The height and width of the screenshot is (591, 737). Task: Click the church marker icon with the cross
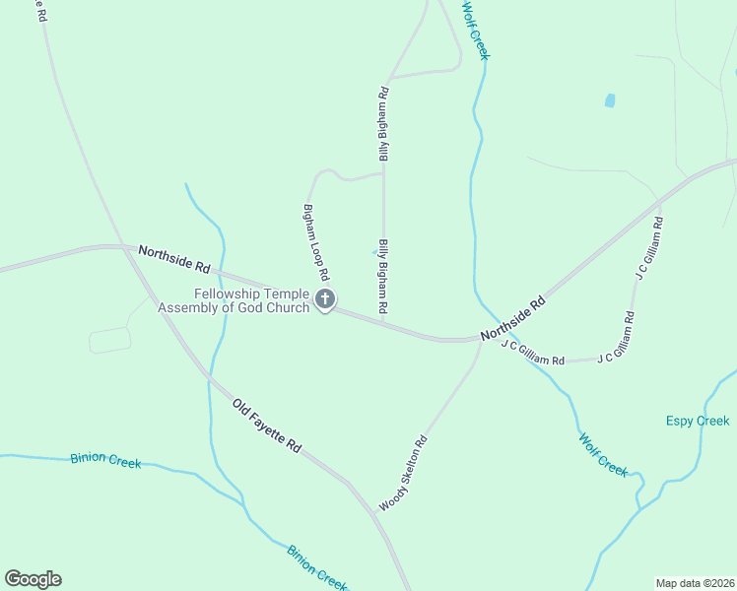click(x=325, y=299)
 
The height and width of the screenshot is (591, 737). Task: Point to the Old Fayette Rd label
click(x=267, y=426)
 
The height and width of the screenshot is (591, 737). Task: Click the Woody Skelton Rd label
click(x=403, y=473)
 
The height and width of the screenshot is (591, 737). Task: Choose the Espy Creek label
click(x=698, y=421)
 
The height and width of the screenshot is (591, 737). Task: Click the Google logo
click(x=33, y=579)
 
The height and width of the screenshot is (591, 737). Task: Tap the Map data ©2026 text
click(x=695, y=582)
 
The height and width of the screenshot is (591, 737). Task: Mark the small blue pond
click(x=609, y=100)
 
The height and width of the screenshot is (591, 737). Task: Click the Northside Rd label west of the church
click(x=174, y=259)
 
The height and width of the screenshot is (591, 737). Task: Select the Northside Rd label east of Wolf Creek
click(x=512, y=321)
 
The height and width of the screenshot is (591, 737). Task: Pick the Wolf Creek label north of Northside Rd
click(x=475, y=30)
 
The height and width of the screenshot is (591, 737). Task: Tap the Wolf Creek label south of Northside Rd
click(x=603, y=455)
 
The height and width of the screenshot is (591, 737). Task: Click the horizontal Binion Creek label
click(x=105, y=460)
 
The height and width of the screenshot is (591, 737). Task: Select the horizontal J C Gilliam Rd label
click(x=532, y=353)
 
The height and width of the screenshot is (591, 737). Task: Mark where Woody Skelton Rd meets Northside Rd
click(x=481, y=341)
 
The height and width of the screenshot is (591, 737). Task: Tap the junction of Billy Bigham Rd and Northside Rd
click(x=383, y=321)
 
